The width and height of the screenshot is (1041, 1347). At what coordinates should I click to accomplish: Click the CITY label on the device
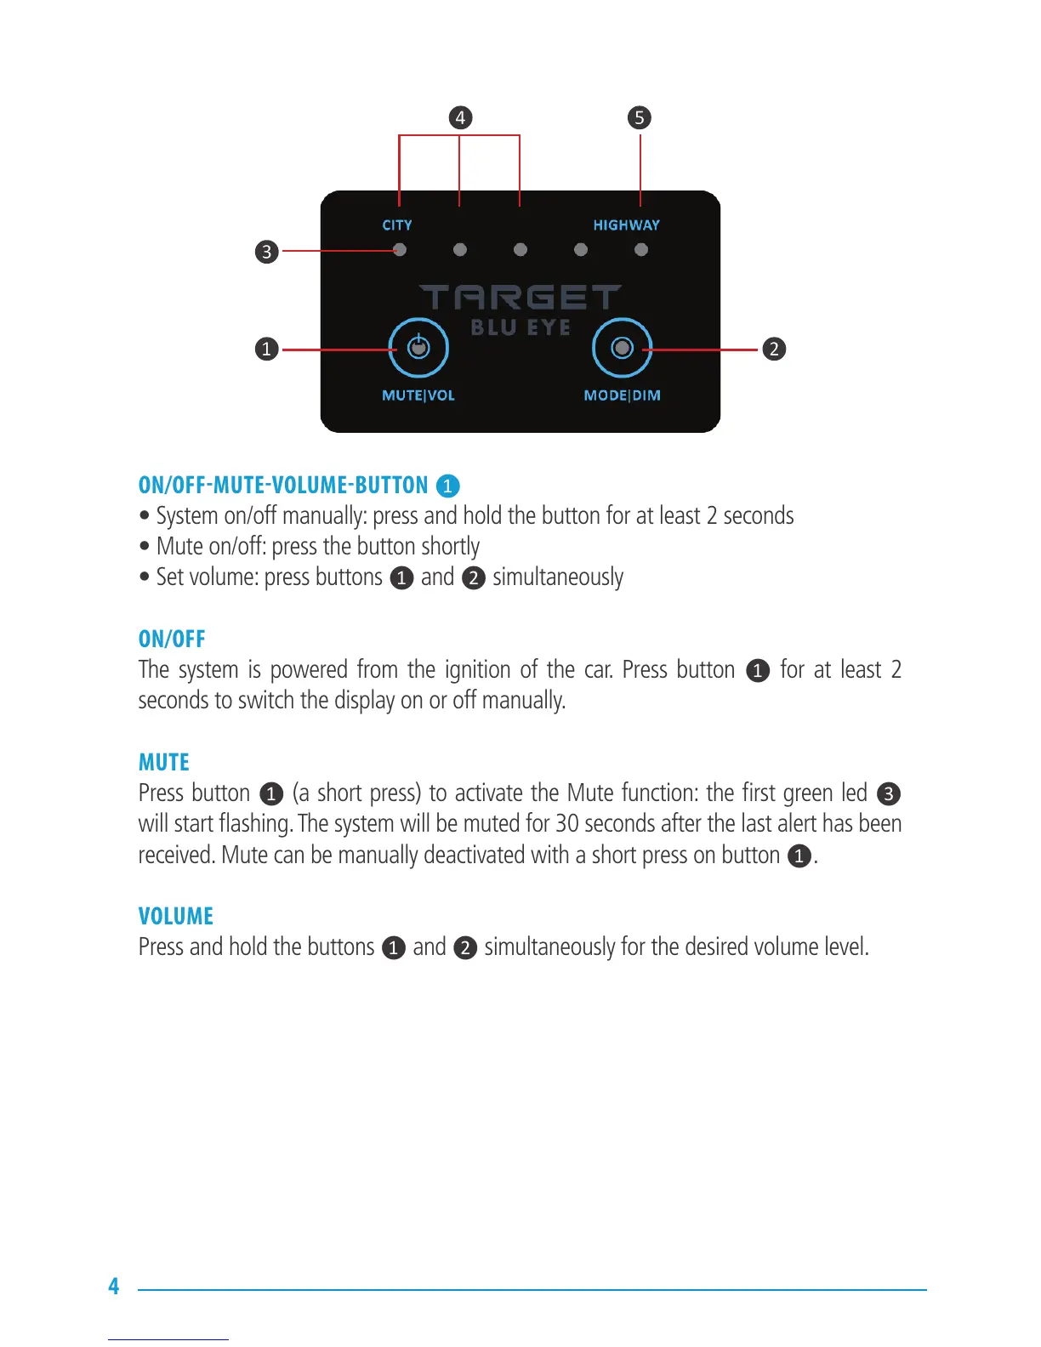(397, 225)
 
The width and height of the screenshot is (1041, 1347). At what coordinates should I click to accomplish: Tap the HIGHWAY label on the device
(627, 225)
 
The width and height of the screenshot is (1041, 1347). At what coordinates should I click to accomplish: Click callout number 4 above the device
(460, 117)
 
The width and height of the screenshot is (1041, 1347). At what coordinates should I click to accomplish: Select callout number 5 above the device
(640, 117)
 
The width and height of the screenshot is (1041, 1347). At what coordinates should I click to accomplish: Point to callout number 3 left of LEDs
(267, 252)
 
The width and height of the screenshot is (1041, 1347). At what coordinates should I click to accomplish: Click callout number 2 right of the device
(774, 349)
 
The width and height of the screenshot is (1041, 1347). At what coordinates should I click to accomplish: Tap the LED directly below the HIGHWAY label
(641, 250)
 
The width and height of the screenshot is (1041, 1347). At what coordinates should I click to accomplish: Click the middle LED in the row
(520, 250)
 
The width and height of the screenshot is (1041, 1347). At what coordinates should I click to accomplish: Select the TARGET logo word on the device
(520, 298)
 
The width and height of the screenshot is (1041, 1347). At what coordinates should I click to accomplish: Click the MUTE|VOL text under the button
(418, 395)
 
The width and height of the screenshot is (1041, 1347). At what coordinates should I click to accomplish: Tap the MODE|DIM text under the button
(623, 395)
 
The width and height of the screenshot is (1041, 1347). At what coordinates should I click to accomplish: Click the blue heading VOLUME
(176, 916)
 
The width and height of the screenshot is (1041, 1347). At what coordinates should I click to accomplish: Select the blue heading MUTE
(164, 762)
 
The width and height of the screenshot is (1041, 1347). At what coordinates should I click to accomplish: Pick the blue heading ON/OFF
(172, 639)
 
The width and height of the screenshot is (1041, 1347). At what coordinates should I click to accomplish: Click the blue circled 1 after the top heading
(447, 486)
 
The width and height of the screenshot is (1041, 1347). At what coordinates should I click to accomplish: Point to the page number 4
(114, 1286)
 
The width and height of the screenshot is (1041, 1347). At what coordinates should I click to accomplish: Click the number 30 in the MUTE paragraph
(567, 823)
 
